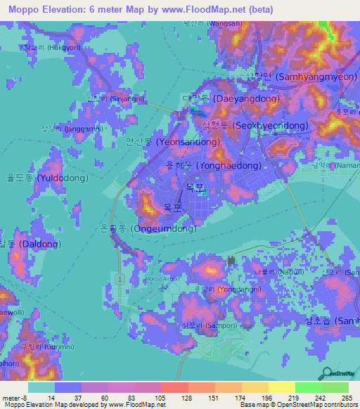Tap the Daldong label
[29, 244]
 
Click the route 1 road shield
[120, 280]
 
